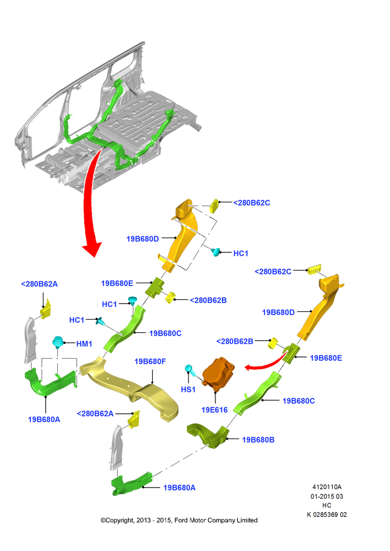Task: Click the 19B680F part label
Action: pos(150,361)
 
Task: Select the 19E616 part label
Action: pos(214,410)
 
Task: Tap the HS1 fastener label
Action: pos(188,390)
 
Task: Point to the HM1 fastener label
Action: pos(84,344)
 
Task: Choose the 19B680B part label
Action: pos(258,440)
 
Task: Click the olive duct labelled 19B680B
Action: pos(208,436)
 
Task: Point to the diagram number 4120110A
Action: pos(327,487)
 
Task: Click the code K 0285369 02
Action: pos(327,515)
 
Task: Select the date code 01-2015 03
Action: pos(327,496)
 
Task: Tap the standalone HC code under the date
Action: pos(327,505)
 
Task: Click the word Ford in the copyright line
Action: pos(181,520)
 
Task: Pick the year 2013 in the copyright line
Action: pos(143,520)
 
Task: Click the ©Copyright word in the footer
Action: pos(117,521)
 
